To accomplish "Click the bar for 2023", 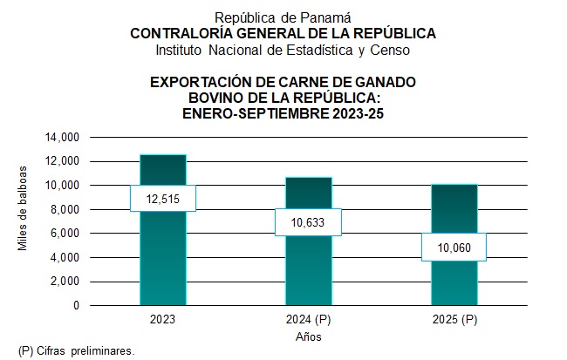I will pos(162,262).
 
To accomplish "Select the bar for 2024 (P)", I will pos(309,270).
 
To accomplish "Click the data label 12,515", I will pos(162,198).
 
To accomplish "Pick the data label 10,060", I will pos(454,248).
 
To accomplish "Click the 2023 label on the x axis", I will pos(162,320).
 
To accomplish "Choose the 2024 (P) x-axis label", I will pos(309,320).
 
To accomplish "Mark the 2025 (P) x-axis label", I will pos(454,320).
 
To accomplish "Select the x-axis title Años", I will pos(308,336).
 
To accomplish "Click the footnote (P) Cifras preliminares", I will pos(77,350).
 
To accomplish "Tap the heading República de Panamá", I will pos(283,17).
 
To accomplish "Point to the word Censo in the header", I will pos(390,50).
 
